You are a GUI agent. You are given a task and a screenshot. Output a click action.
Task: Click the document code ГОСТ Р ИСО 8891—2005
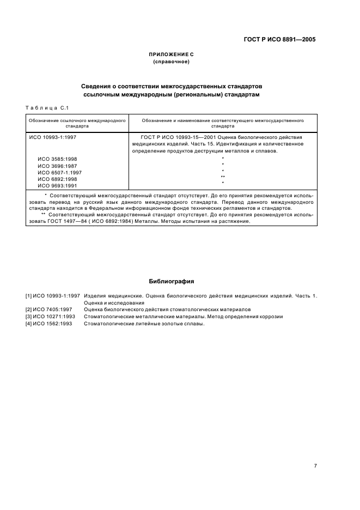(x=279, y=39)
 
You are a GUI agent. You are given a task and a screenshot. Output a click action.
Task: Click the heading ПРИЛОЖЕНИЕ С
(x=172, y=55)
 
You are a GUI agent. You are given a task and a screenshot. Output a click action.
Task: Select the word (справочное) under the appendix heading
(x=172, y=62)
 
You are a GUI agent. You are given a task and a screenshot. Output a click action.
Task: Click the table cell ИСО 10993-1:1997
(x=52, y=137)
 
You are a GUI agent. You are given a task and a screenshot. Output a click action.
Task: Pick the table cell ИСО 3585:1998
(x=57, y=159)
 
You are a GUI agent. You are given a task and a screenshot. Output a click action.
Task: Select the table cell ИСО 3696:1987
(x=57, y=166)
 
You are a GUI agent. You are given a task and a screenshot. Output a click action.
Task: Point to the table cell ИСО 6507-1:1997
(x=59, y=172)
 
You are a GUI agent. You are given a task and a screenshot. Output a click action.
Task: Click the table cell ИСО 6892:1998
(x=57, y=179)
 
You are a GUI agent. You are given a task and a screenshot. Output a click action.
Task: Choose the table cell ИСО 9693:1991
(x=57, y=185)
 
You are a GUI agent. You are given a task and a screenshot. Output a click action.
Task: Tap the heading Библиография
(x=172, y=282)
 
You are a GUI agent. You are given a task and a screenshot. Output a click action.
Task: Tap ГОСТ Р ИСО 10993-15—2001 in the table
(x=178, y=137)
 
